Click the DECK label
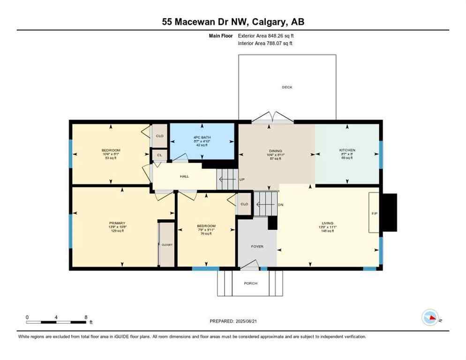(x=287, y=87)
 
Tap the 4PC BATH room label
(x=202, y=137)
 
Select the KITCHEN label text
(x=347, y=150)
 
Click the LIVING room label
(x=327, y=223)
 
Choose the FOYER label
(x=257, y=247)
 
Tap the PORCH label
(x=251, y=283)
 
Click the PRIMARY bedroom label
(x=117, y=223)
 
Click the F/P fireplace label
(x=375, y=213)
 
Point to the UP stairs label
(x=242, y=180)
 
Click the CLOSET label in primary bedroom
(x=167, y=245)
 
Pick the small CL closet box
(x=159, y=155)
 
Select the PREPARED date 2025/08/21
(x=233, y=321)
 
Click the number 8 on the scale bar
(x=86, y=317)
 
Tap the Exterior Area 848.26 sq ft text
(x=266, y=36)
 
